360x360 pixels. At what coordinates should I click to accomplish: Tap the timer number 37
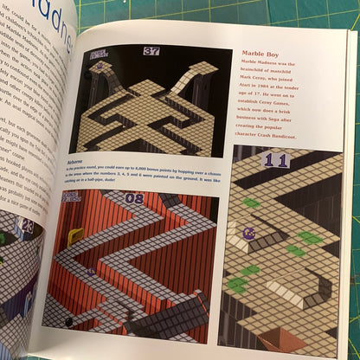[x=151, y=51]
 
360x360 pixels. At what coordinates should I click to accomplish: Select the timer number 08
[x=136, y=199]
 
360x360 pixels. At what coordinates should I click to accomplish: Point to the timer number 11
[x=276, y=160]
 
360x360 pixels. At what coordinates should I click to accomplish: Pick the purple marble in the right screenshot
[x=249, y=232]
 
